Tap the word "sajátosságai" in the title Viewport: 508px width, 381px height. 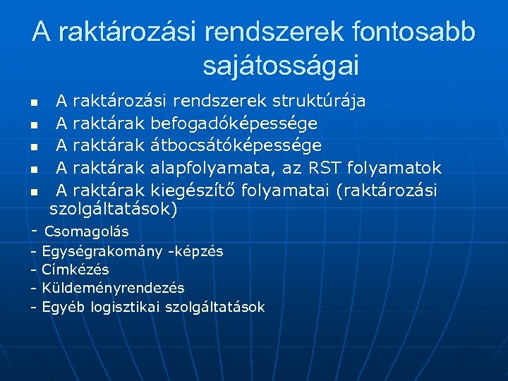281,66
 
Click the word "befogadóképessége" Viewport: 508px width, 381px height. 234,123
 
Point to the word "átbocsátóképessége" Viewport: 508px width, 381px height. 236,145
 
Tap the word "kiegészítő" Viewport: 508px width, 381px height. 193,190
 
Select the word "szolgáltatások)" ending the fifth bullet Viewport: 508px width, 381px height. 114,210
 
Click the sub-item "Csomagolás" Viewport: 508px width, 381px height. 87,231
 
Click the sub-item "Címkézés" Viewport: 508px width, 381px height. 75,270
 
